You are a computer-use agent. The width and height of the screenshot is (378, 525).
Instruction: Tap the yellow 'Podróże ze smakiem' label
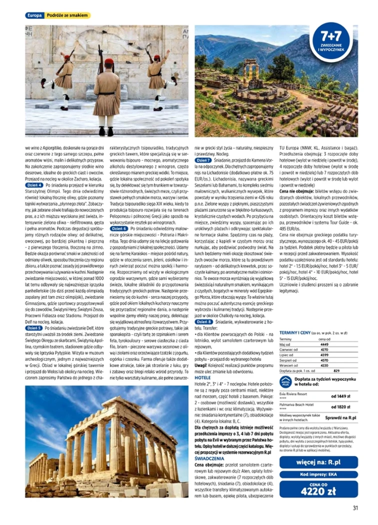click(x=68, y=15)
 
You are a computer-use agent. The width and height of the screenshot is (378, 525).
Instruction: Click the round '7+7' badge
click(x=330, y=41)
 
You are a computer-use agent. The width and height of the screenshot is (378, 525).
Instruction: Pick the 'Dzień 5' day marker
click(x=34, y=328)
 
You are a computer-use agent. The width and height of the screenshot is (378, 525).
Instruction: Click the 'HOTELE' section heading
click(x=201, y=378)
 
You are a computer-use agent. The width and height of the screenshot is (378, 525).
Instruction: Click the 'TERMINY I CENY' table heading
click(x=296, y=332)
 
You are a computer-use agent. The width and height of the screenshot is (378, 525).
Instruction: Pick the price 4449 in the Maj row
click(x=323, y=344)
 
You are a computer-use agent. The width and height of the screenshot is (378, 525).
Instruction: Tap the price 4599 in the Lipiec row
click(x=323, y=355)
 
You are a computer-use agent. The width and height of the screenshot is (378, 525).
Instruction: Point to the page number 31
click(x=355, y=508)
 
